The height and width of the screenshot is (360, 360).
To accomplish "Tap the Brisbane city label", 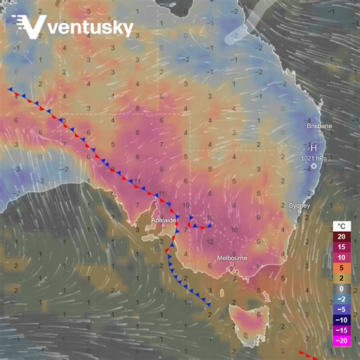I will [x=319, y=127].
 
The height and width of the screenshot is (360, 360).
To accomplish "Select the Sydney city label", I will [x=299, y=206].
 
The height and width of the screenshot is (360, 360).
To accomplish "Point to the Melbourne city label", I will [x=232, y=258].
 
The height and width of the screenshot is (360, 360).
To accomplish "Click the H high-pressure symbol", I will [x=314, y=148].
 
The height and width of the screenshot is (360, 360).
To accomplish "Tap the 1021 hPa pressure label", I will [x=314, y=159].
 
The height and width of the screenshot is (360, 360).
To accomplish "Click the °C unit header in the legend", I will [x=342, y=226].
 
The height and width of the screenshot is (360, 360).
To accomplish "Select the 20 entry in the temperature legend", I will [x=342, y=237].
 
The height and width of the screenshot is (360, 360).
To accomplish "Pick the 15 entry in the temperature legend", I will [x=342, y=247].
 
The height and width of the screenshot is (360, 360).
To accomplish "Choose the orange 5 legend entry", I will [x=342, y=267].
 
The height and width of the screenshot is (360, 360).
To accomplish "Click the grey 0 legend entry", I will [x=342, y=288].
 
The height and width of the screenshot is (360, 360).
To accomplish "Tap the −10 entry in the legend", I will [x=342, y=319].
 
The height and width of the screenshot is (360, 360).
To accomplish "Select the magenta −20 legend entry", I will [x=342, y=340].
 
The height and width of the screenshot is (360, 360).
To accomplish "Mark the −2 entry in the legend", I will [x=342, y=298].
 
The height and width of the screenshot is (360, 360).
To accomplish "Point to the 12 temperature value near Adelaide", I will [x=210, y=241].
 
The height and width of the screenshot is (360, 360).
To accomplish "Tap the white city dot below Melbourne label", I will [x=232, y=267].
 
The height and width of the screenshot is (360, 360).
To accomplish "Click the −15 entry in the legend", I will [x=342, y=330].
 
